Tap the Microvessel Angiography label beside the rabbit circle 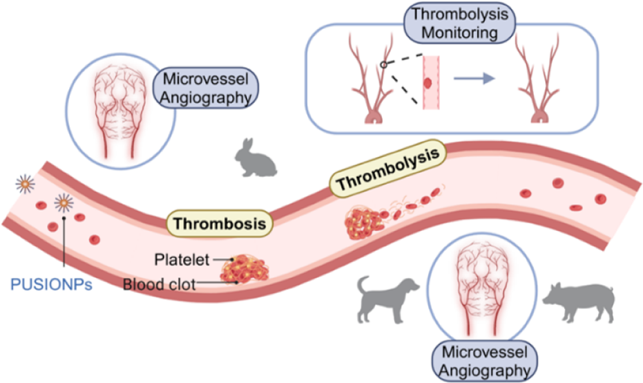(x=206, y=88)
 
